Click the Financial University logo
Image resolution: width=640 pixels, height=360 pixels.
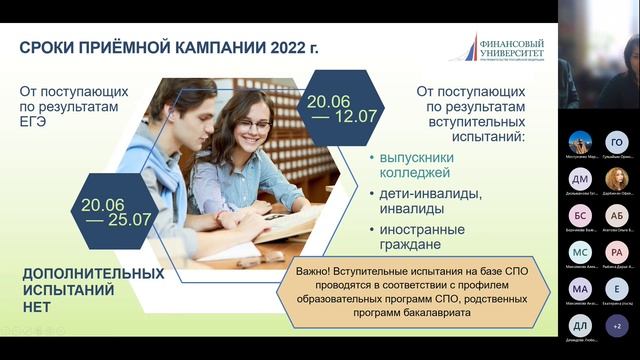pyautogui.click(x=494, y=46)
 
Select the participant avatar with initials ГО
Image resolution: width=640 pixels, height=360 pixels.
pyautogui.click(x=617, y=142)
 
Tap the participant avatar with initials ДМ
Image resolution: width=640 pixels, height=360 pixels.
pyautogui.click(x=580, y=178)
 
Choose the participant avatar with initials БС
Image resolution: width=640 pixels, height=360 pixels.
pyautogui.click(x=580, y=215)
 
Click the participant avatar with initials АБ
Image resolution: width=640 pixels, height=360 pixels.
pyautogui.click(x=617, y=215)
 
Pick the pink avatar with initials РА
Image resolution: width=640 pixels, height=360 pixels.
pyautogui.click(x=617, y=252)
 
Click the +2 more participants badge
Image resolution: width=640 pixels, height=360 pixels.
pyautogui.click(x=617, y=325)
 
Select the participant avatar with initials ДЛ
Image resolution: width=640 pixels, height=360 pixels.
pyautogui.click(x=580, y=325)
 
